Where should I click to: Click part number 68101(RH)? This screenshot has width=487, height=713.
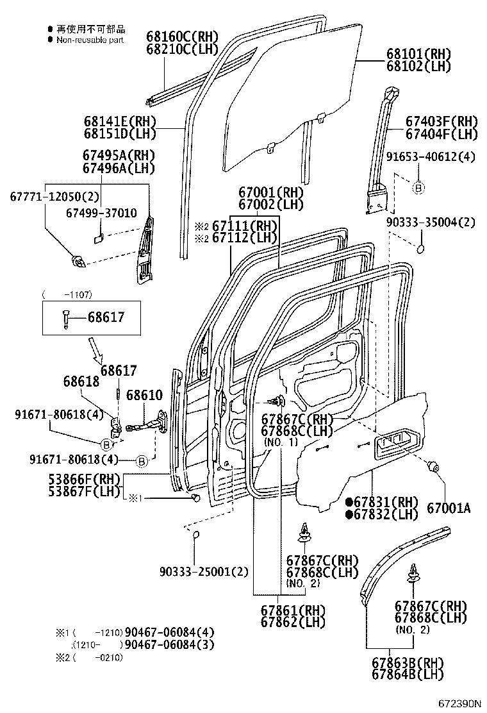point(418,54)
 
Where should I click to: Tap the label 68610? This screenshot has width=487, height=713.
point(144,395)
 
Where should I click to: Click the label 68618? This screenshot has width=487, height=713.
point(81,381)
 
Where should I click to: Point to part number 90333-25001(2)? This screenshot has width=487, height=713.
point(204,571)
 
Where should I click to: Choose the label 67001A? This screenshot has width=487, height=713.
point(449,508)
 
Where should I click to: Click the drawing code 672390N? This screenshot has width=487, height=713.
point(459,703)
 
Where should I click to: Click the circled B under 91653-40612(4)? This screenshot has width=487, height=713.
point(418,189)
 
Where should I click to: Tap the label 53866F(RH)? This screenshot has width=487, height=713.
point(85,478)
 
